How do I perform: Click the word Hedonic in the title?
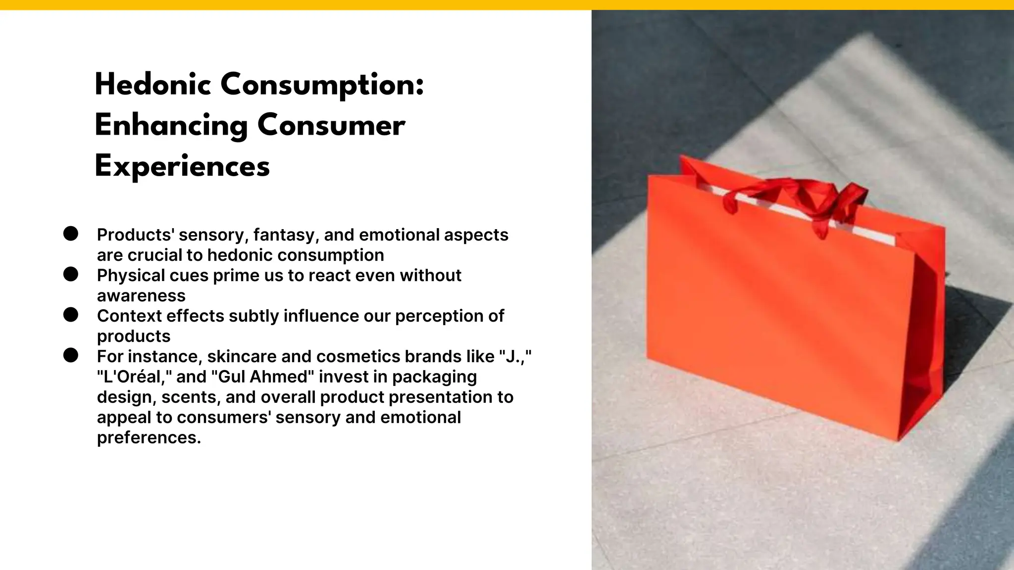coord(153,85)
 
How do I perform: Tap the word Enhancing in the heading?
coord(171,126)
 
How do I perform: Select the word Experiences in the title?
coord(182,166)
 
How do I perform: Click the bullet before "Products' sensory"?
coord(71,234)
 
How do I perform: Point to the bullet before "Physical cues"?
coord(71,274)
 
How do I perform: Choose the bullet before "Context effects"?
coord(71,315)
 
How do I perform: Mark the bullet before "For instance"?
coord(71,355)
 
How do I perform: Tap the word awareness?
coord(141,296)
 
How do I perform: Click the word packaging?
coord(434,377)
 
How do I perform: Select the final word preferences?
coord(149,438)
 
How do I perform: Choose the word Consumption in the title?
coord(322,85)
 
